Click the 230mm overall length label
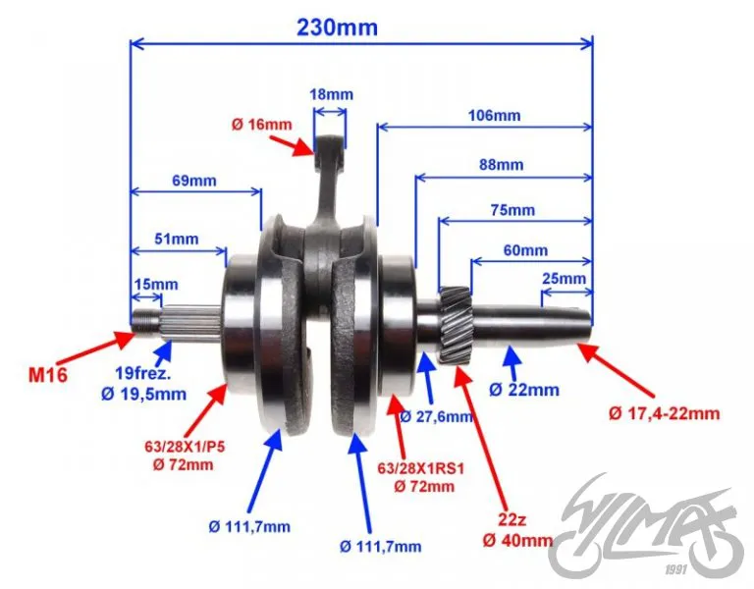(x=337, y=27)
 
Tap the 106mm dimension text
(x=495, y=116)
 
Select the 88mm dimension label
(x=501, y=165)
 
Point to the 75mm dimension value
(x=512, y=210)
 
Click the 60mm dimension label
(x=525, y=250)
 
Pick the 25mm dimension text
(x=565, y=279)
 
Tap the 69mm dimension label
(x=194, y=181)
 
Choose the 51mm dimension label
(x=177, y=239)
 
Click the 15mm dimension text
(x=156, y=284)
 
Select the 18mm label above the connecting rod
(x=331, y=94)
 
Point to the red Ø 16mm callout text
(x=261, y=125)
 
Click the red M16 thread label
(x=48, y=375)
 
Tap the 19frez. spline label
(x=143, y=373)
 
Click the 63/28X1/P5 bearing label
(x=185, y=448)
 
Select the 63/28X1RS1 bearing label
(x=421, y=468)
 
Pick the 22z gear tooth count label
(x=512, y=519)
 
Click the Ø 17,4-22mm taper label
(x=664, y=413)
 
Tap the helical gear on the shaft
(x=456, y=326)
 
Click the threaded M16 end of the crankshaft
(x=146, y=321)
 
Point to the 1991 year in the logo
(x=676, y=570)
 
